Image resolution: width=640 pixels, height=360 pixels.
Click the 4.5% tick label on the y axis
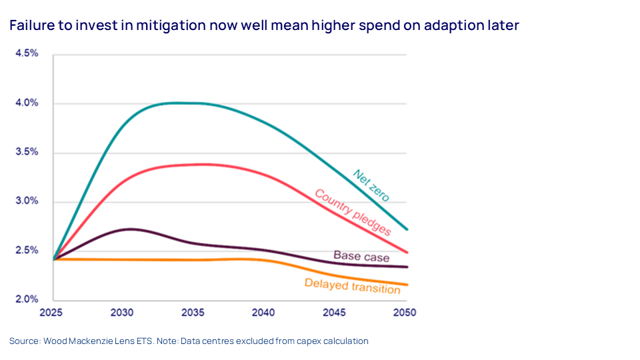tap(27, 53)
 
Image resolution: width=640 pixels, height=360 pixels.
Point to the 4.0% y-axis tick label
tap(27, 103)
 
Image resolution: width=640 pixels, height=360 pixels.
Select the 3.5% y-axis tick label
tap(27, 152)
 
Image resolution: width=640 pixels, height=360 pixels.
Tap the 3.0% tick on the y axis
tap(27, 201)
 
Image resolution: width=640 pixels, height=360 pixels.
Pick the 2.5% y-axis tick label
tap(27, 251)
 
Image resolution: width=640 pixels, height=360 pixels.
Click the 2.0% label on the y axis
tap(27, 299)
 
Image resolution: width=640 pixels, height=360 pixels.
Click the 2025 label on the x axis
tap(53, 312)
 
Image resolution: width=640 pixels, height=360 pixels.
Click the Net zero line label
tap(371, 185)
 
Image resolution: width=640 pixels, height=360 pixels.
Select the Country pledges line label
tap(352, 212)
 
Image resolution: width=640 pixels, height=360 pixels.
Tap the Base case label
tap(361, 256)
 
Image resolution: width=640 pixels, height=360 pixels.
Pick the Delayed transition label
tap(352, 285)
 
